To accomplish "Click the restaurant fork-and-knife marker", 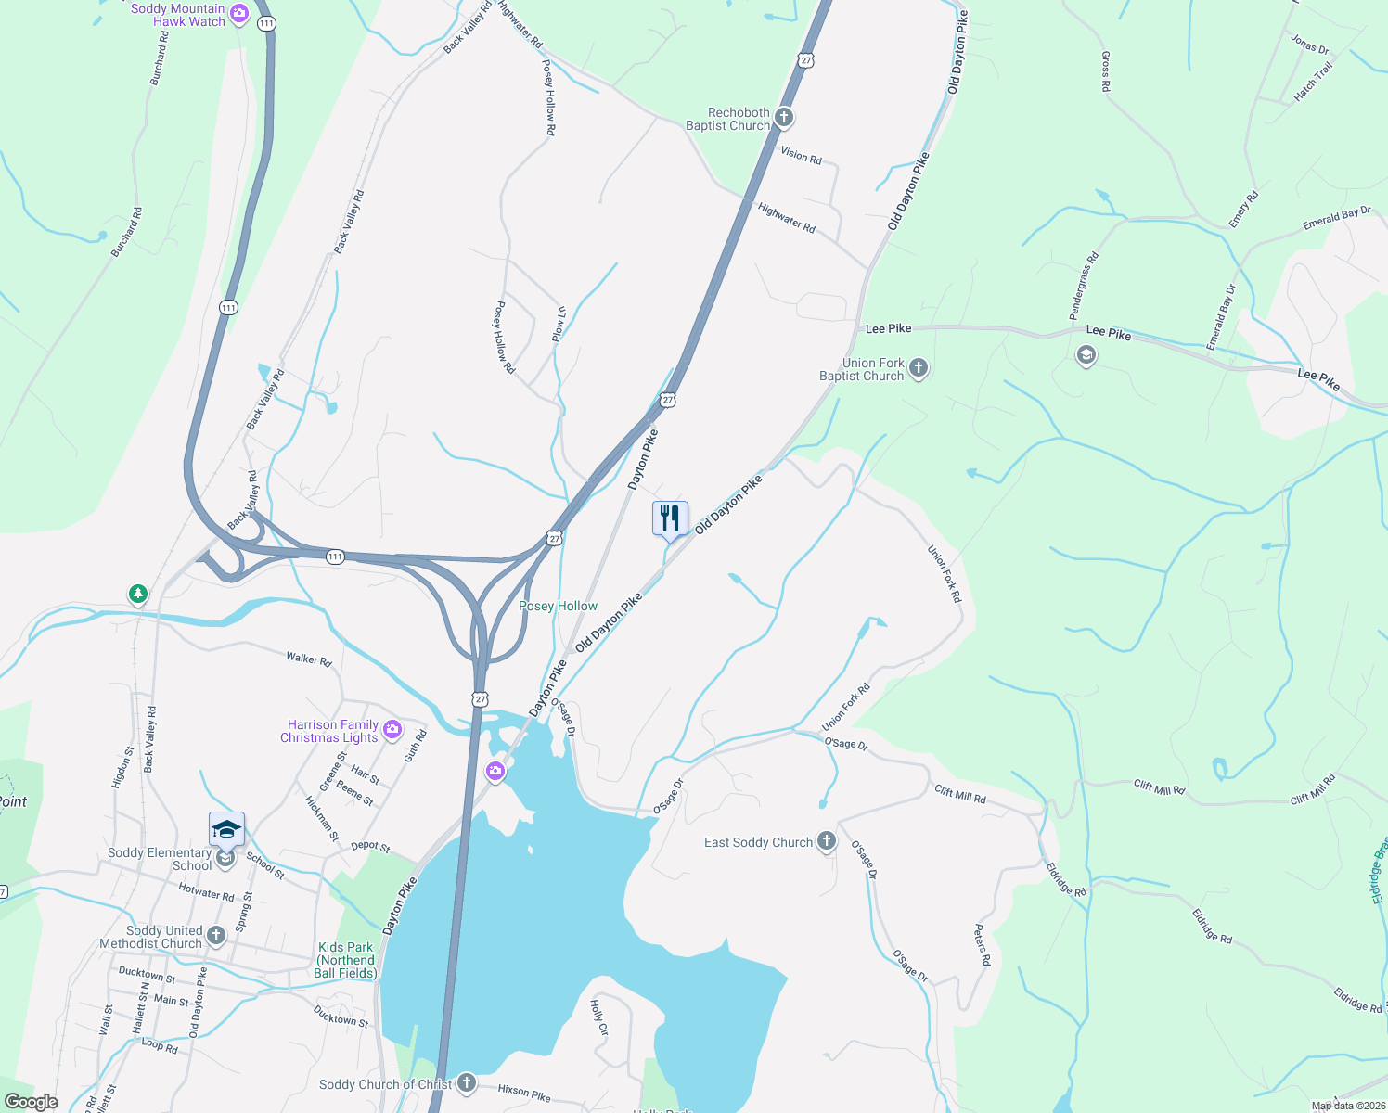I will pos(670,518).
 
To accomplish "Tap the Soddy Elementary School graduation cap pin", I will pos(226,829).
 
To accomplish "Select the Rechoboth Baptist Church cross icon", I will pos(784,118).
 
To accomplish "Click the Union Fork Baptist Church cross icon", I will pos(918,368).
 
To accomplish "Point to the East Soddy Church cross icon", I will pos(827,841).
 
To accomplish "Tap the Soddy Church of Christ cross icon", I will pos(466,1082).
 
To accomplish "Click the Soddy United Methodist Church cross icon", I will pos(216,936).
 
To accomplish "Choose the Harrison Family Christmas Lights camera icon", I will pos(392,730).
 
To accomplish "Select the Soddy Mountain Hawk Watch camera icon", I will pos(239,13).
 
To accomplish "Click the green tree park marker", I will pos(138,593).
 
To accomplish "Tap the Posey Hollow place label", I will pos(558,606).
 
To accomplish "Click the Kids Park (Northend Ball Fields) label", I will pos(345,960).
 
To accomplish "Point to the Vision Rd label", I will pos(801,155).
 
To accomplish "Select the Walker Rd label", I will pos(308,659).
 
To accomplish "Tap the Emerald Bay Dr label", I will pos(1336,219).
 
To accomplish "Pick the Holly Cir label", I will pos(599,1017).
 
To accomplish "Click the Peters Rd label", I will pos(982,945).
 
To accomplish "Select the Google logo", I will pos(31,1102).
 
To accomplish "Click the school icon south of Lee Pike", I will pos(1086,355).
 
